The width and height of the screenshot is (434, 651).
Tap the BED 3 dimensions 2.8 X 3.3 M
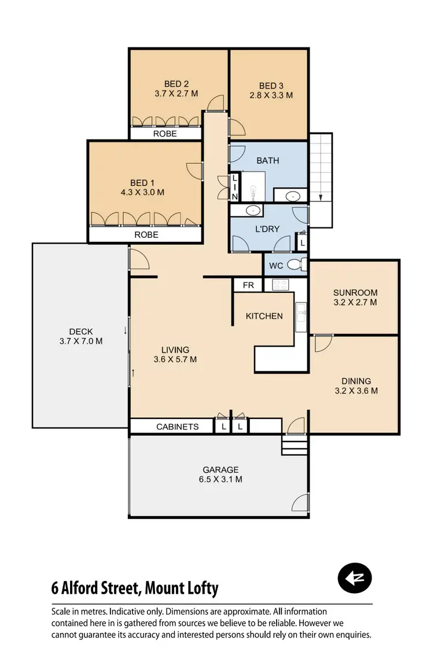tap(271, 95)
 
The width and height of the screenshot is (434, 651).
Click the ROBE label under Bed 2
tap(165, 134)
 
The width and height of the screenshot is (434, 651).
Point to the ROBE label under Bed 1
tap(146, 235)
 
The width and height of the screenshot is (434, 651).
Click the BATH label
tap(267, 160)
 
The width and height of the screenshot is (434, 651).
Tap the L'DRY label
tap(267, 229)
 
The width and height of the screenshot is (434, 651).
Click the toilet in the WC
tap(294, 266)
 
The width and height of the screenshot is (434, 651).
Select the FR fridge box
tap(248, 285)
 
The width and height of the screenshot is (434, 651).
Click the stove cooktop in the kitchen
tap(280, 285)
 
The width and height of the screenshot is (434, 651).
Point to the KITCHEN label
tap(264, 316)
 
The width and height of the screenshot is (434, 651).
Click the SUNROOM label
tap(355, 292)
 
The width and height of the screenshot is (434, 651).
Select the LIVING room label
tap(175, 350)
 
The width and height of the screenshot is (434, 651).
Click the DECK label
tap(81, 332)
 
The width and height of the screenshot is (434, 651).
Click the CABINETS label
tap(177, 426)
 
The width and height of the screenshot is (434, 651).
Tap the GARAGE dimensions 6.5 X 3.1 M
tap(220, 479)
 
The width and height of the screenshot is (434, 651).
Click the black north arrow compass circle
tap(355, 578)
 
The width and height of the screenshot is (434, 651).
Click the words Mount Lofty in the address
tap(182, 589)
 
